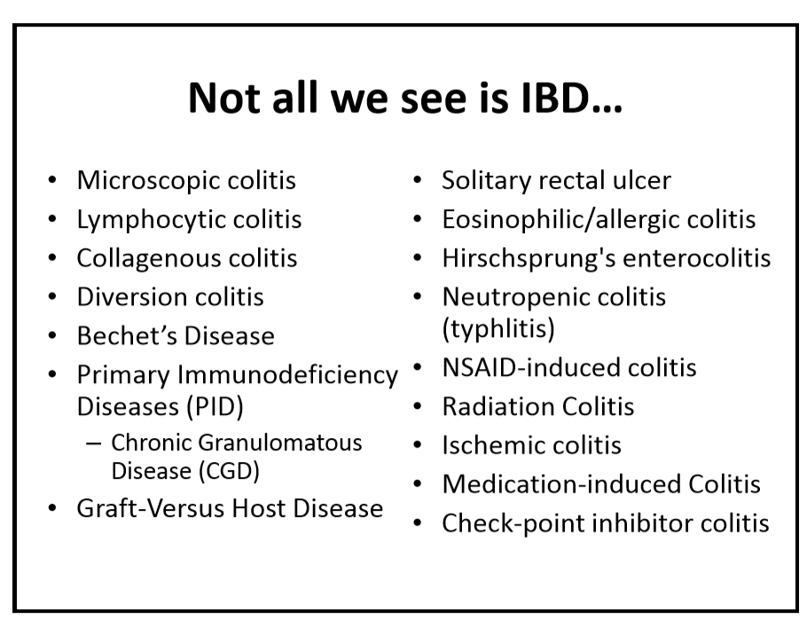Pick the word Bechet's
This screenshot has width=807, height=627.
127,335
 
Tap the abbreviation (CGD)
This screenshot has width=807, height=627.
229,471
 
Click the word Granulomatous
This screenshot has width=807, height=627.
280,443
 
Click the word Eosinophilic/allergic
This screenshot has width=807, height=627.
560,220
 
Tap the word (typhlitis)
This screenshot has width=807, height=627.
498,329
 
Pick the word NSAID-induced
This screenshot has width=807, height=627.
515,367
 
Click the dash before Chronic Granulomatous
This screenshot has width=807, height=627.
94,443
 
